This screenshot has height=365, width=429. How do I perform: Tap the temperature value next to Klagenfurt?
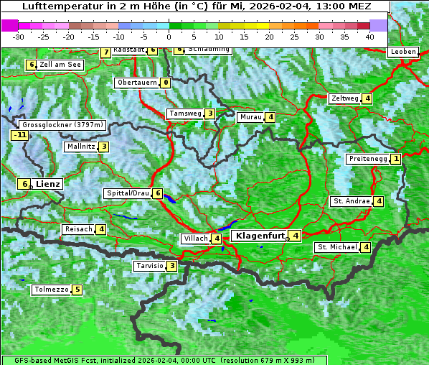coord(296,235)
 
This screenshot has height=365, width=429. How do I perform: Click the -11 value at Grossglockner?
coord(19,134)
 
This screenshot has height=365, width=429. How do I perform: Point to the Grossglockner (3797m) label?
coord(63,124)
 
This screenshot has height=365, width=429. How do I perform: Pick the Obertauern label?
coord(138,83)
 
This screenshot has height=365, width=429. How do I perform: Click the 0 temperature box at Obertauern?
coord(166,83)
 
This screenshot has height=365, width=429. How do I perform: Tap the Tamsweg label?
coord(185,114)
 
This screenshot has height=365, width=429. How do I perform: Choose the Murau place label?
coord(251,117)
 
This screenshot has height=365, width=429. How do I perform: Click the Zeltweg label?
coord(344,98)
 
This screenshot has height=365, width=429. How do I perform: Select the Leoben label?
coord(402,52)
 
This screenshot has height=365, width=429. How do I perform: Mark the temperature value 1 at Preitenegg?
coord(396,159)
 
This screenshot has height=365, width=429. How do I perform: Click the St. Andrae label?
coord(351,201)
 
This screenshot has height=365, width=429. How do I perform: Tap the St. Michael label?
coord(337,247)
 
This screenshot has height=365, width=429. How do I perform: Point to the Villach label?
coord(195,239)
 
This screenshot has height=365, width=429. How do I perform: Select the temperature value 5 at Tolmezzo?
coord(77,290)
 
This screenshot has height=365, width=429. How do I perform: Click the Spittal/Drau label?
coord(128,193)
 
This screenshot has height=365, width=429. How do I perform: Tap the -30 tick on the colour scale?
coord(19,36)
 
